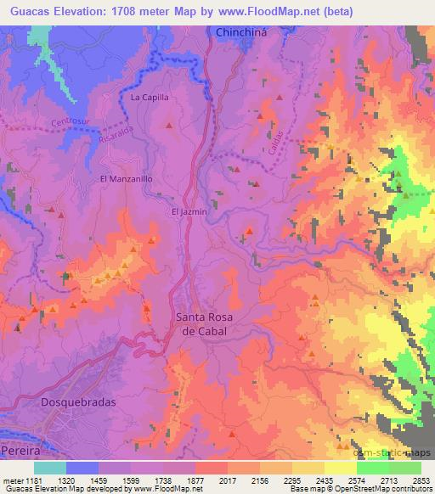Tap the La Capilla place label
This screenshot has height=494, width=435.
tap(150, 98)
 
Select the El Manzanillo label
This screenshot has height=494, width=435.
tap(126, 179)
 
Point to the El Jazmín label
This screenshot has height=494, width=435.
tap(189, 211)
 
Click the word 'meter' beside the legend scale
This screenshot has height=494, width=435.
tap(11, 480)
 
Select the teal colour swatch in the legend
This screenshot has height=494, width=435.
tap(49, 468)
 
